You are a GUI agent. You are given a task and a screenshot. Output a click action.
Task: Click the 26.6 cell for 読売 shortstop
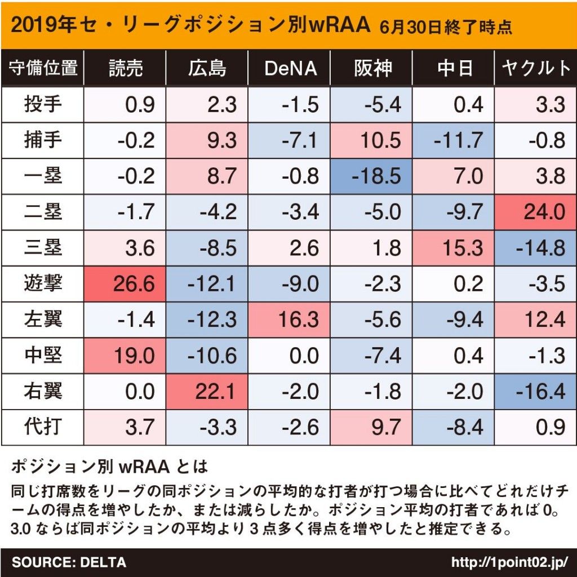(x=125, y=283)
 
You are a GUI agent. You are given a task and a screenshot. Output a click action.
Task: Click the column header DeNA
(x=290, y=68)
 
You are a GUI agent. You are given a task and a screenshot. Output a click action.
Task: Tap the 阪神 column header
(x=372, y=68)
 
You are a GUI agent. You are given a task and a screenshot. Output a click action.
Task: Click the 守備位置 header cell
(x=43, y=68)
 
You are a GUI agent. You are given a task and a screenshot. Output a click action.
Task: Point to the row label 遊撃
(x=43, y=283)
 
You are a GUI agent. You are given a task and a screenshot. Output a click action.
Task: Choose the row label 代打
(x=43, y=427)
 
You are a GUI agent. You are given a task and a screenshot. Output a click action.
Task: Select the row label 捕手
(x=43, y=140)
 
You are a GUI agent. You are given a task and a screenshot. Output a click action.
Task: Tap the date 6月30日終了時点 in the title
(x=446, y=27)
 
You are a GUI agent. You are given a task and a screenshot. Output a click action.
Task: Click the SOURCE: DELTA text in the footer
(x=69, y=562)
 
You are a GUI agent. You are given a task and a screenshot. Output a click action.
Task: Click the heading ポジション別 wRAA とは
(x=109, y=467)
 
